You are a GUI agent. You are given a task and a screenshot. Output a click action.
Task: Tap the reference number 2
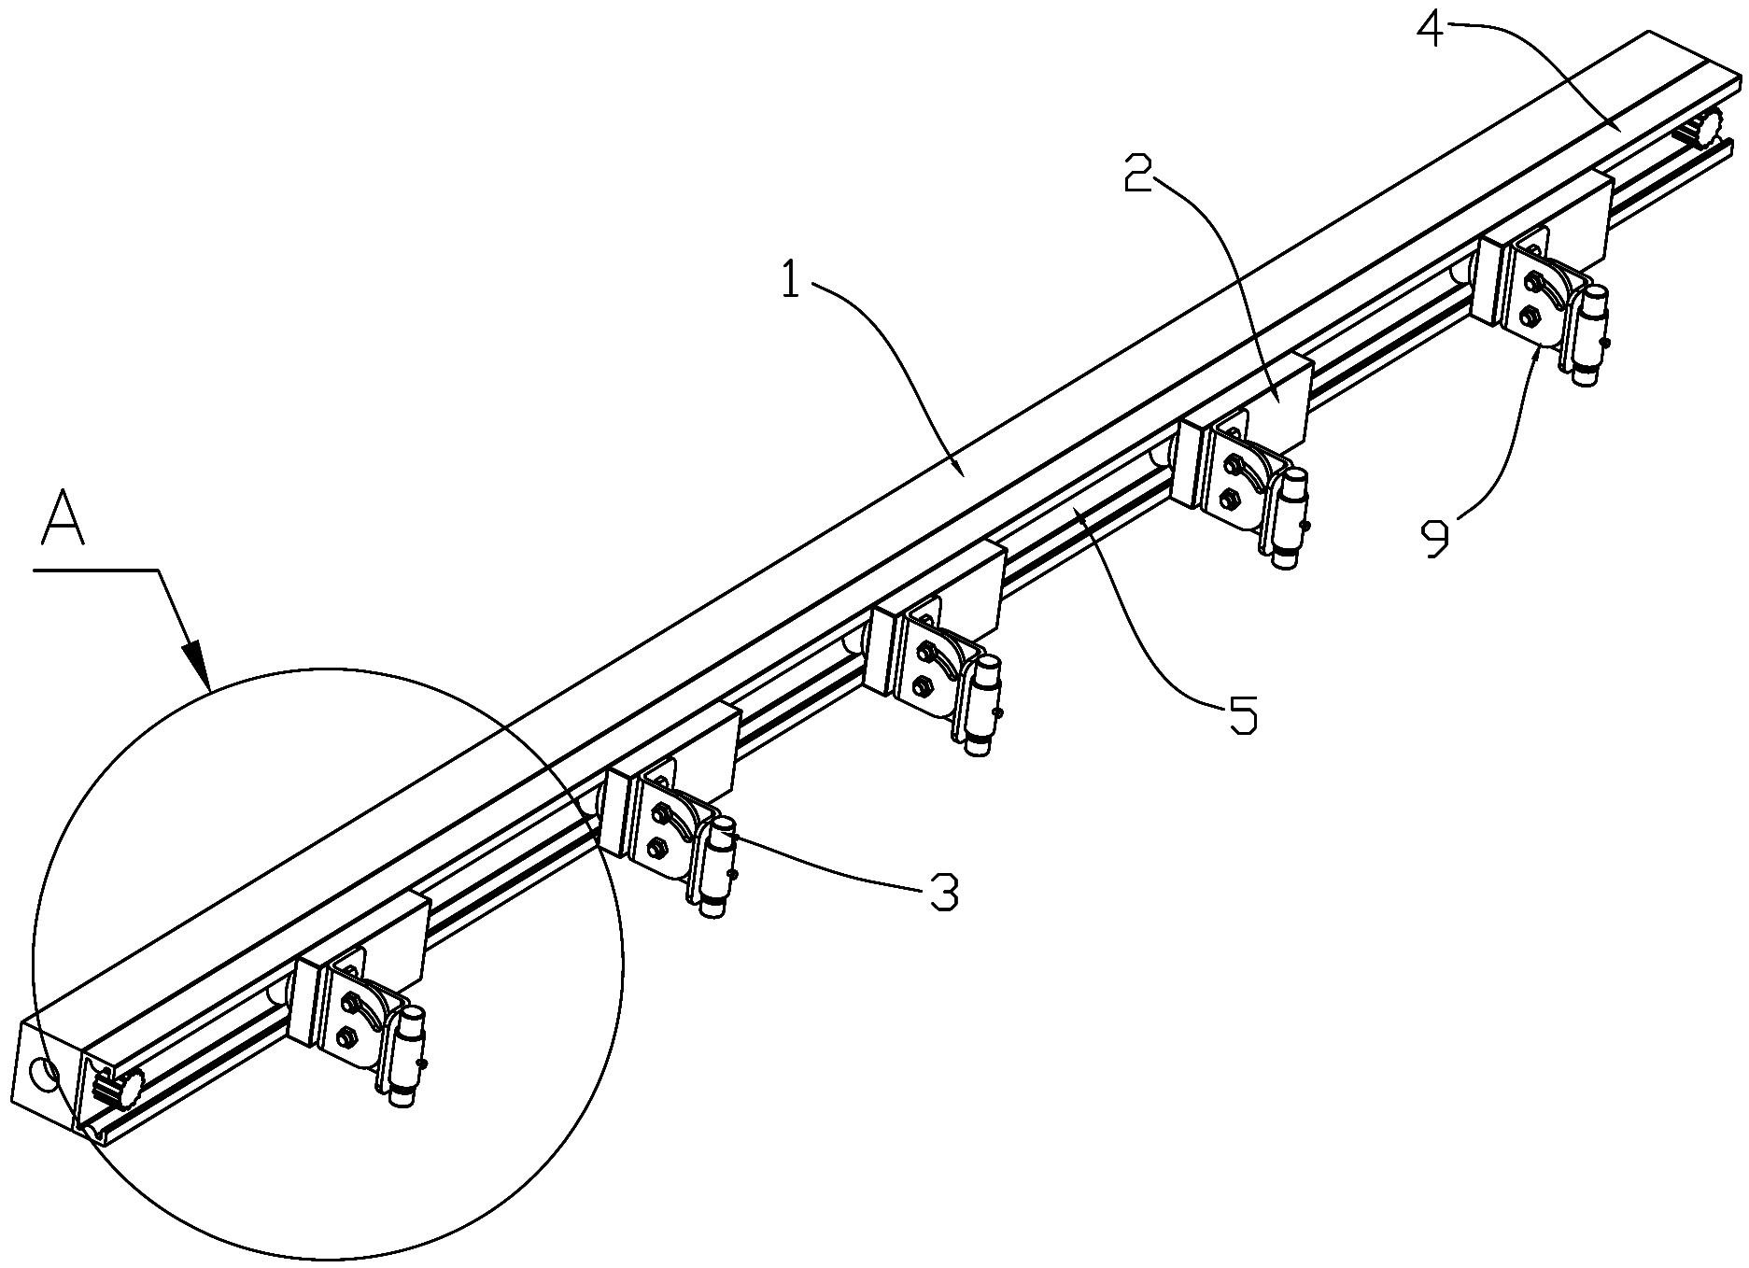(x=1137, y=174)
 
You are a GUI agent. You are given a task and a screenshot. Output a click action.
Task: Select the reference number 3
(x=943, y=893)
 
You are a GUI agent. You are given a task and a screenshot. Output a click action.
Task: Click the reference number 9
(x=1434, y=539)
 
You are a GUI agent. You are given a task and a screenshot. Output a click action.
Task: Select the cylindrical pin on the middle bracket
(x=983, y=705)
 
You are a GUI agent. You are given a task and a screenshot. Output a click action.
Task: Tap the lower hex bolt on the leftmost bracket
(x=347, y=1035)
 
